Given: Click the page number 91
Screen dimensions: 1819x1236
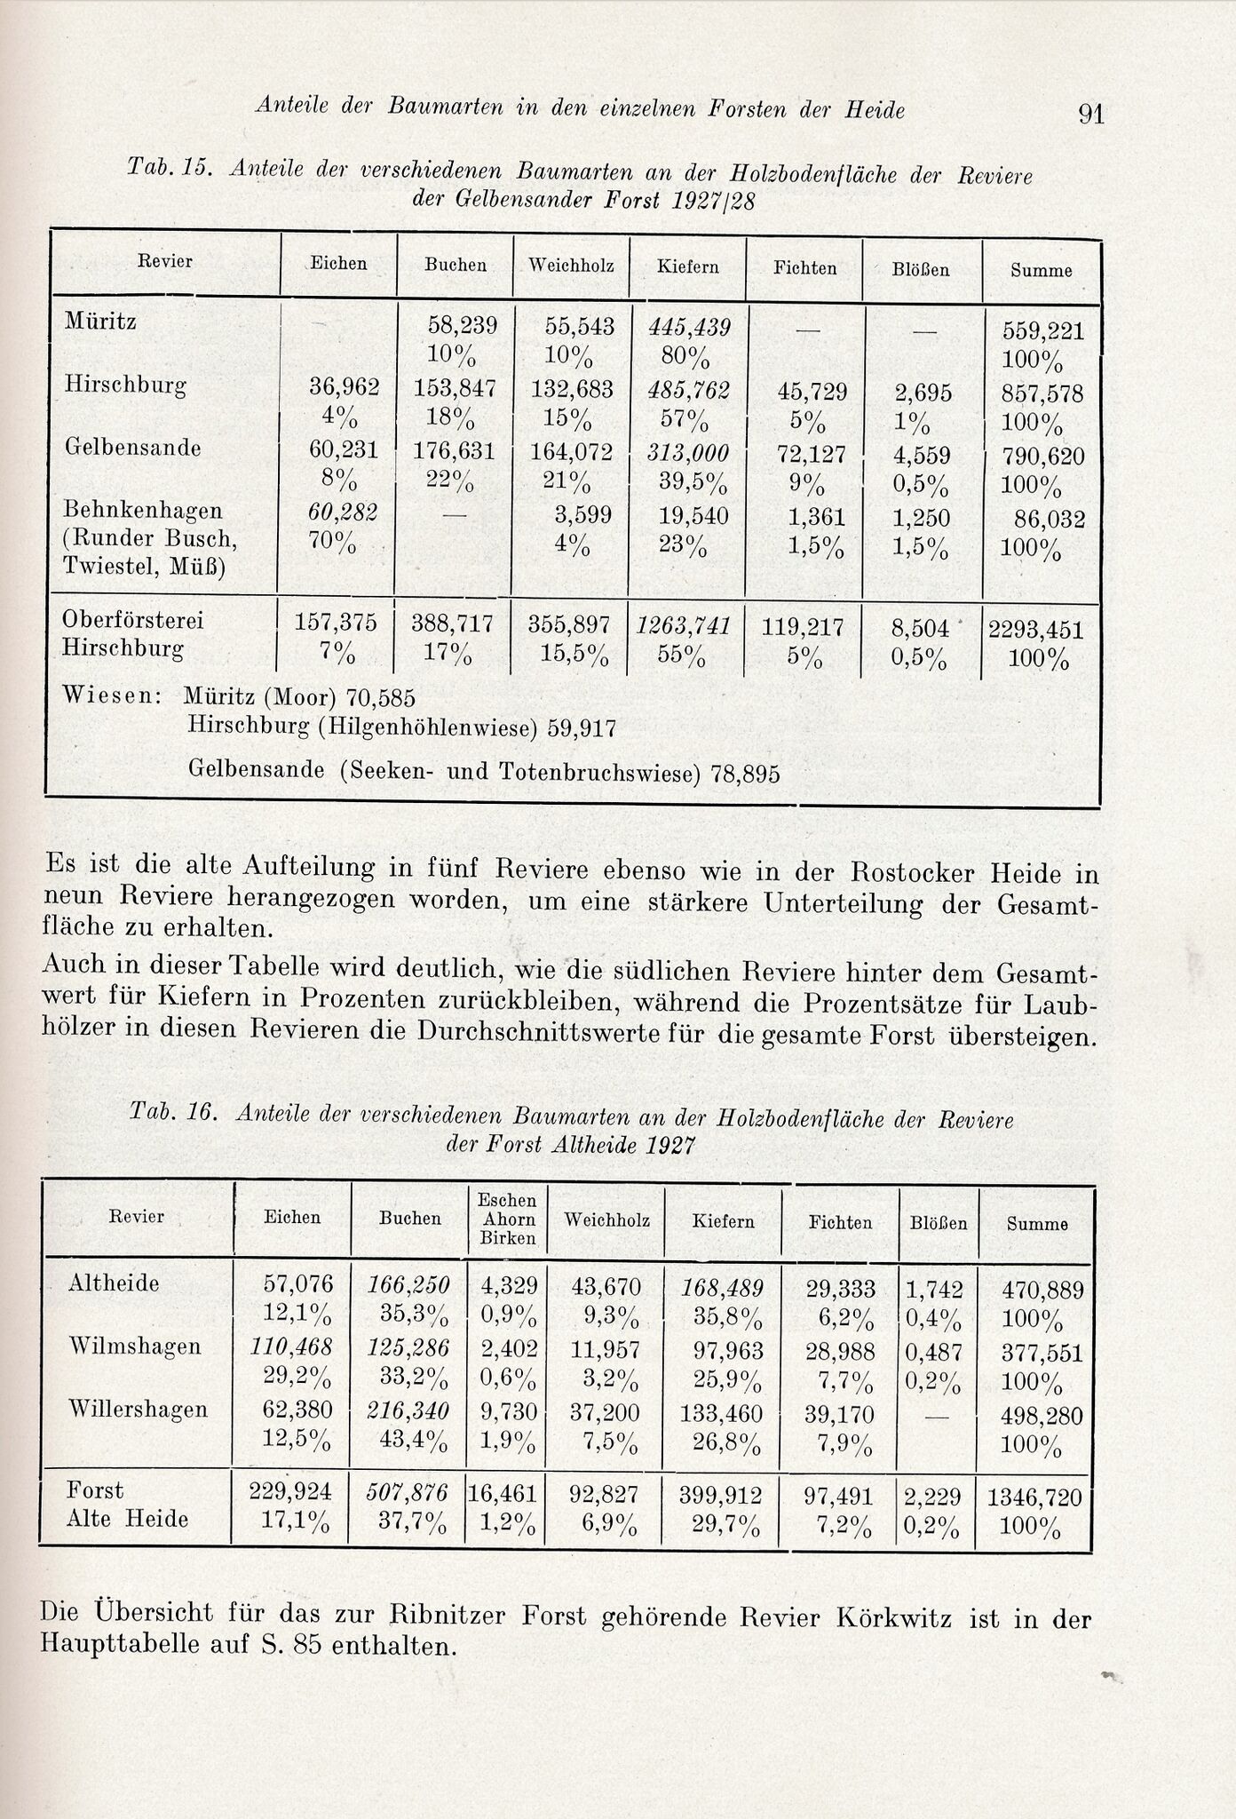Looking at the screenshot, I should click(x=1090, y=114).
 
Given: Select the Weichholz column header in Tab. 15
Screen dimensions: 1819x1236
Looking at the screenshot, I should click(x=571, y=266).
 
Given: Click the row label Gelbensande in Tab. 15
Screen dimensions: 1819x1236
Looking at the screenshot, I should click(x=133, y=448).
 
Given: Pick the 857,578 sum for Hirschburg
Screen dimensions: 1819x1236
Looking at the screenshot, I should click(x=1042, y=393).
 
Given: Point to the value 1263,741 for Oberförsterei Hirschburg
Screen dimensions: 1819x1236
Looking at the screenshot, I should click(x=683, y=626).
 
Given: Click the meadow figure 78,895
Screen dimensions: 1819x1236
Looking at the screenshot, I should click(x=745, y=774).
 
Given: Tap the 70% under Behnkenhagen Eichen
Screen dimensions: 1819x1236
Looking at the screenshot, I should click(x=332, y=541).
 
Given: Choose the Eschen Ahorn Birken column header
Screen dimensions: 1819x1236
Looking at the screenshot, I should click(x=508, y=1219).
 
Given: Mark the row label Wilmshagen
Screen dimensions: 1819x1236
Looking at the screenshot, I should click(x=135, y=1346).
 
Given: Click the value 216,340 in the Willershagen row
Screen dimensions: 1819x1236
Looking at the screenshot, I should click(x=408, y=1410).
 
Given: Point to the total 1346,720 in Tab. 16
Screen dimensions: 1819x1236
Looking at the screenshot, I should click(x=1034, y=1498).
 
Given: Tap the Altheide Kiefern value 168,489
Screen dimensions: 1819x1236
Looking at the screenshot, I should click(x=722, y=1286).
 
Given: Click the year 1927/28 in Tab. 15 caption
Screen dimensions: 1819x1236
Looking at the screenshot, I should click(x=713, y=201).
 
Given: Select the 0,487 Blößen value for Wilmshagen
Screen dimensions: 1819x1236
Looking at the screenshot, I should click(x=931, y=1351).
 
